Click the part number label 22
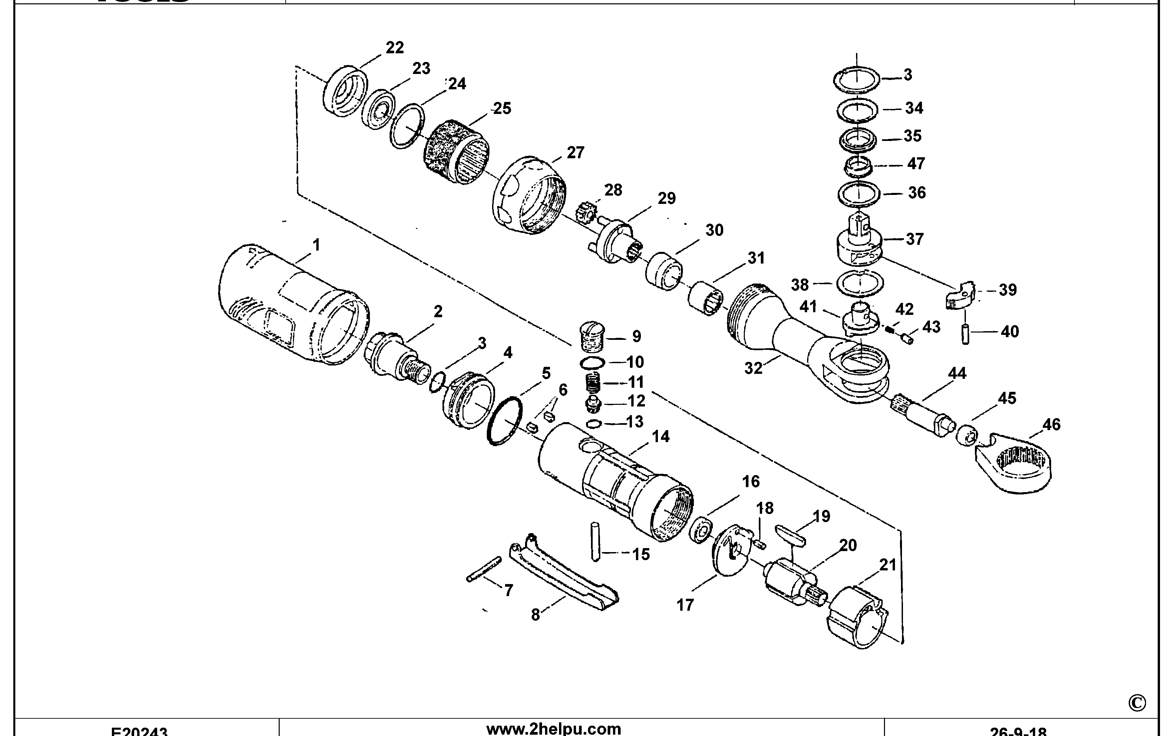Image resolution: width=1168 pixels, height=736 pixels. (394, 48)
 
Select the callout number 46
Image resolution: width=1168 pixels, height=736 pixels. (1051, 424)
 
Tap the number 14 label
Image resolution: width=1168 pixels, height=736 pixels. (661, 436)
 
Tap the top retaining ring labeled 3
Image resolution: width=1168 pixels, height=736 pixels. (857, 80)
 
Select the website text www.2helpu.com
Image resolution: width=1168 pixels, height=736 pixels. (553, 729)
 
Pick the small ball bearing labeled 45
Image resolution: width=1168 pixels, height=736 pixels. (967, 434)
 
